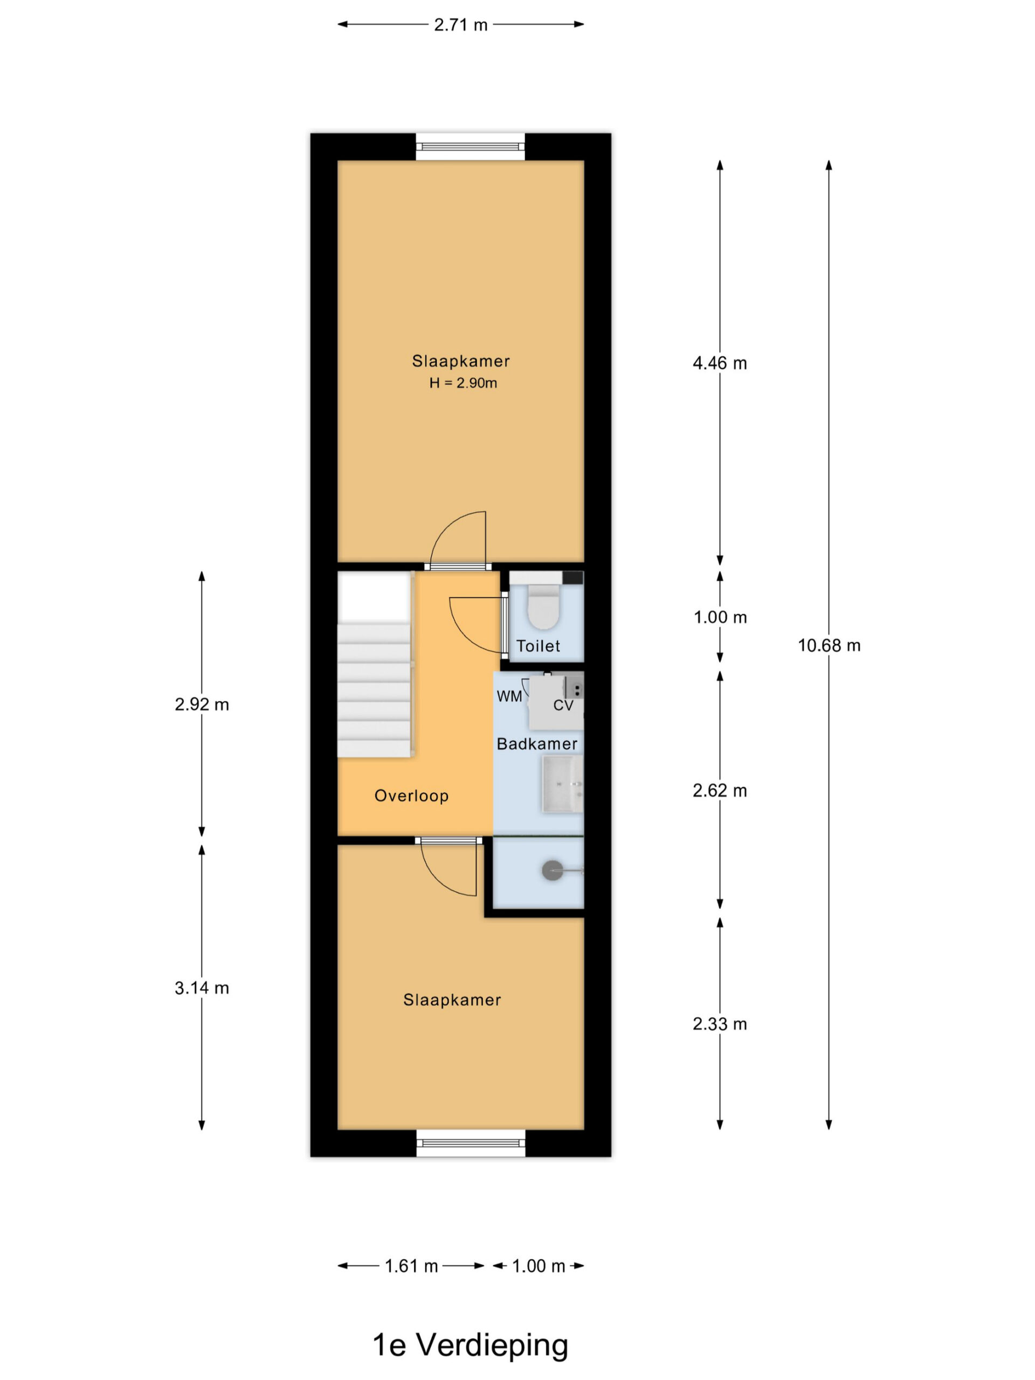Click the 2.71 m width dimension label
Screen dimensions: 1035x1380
(460, 25)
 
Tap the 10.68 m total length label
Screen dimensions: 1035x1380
(829, 646)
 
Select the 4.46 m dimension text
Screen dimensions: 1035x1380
(719, 363)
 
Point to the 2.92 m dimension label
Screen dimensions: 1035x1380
(202, 705)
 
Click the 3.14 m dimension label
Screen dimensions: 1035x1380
(202, 988)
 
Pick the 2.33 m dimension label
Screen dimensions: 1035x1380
(719, 1024)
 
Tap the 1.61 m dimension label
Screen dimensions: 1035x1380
(411, 1266)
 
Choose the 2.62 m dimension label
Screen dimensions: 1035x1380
(719, 790)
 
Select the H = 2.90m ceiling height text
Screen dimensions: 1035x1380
(463, 383)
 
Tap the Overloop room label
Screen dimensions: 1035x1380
(411, 796)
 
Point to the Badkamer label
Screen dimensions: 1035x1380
(537, 744)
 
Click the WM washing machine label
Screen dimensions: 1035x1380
(509, 696)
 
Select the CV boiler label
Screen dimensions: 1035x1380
(563, 706)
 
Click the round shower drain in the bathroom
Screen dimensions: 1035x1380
(552, 870)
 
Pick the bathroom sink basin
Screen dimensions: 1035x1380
(562, 784)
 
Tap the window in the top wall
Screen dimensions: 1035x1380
(471, 147)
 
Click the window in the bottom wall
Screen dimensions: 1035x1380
(471, 1143)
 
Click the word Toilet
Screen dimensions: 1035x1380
(538, 646)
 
